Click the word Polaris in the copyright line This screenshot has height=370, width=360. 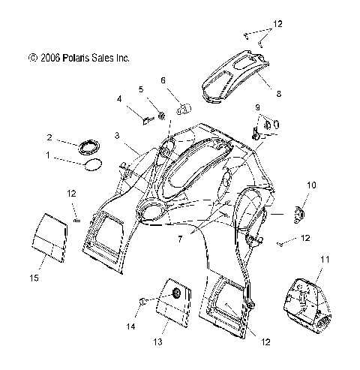coord(75,58)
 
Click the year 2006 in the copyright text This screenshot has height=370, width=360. coord(50,58)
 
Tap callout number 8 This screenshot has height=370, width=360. coord(279,94)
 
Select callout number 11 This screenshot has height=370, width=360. coord(325,260)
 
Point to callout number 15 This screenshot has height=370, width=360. coord(34,278)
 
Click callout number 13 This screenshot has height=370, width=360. coord(158,341)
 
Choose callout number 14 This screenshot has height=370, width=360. coord(131,326)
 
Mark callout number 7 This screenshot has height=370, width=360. coord(180,239)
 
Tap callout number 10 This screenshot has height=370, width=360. coord(311,185)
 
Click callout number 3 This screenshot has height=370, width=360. coord(117,136)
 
